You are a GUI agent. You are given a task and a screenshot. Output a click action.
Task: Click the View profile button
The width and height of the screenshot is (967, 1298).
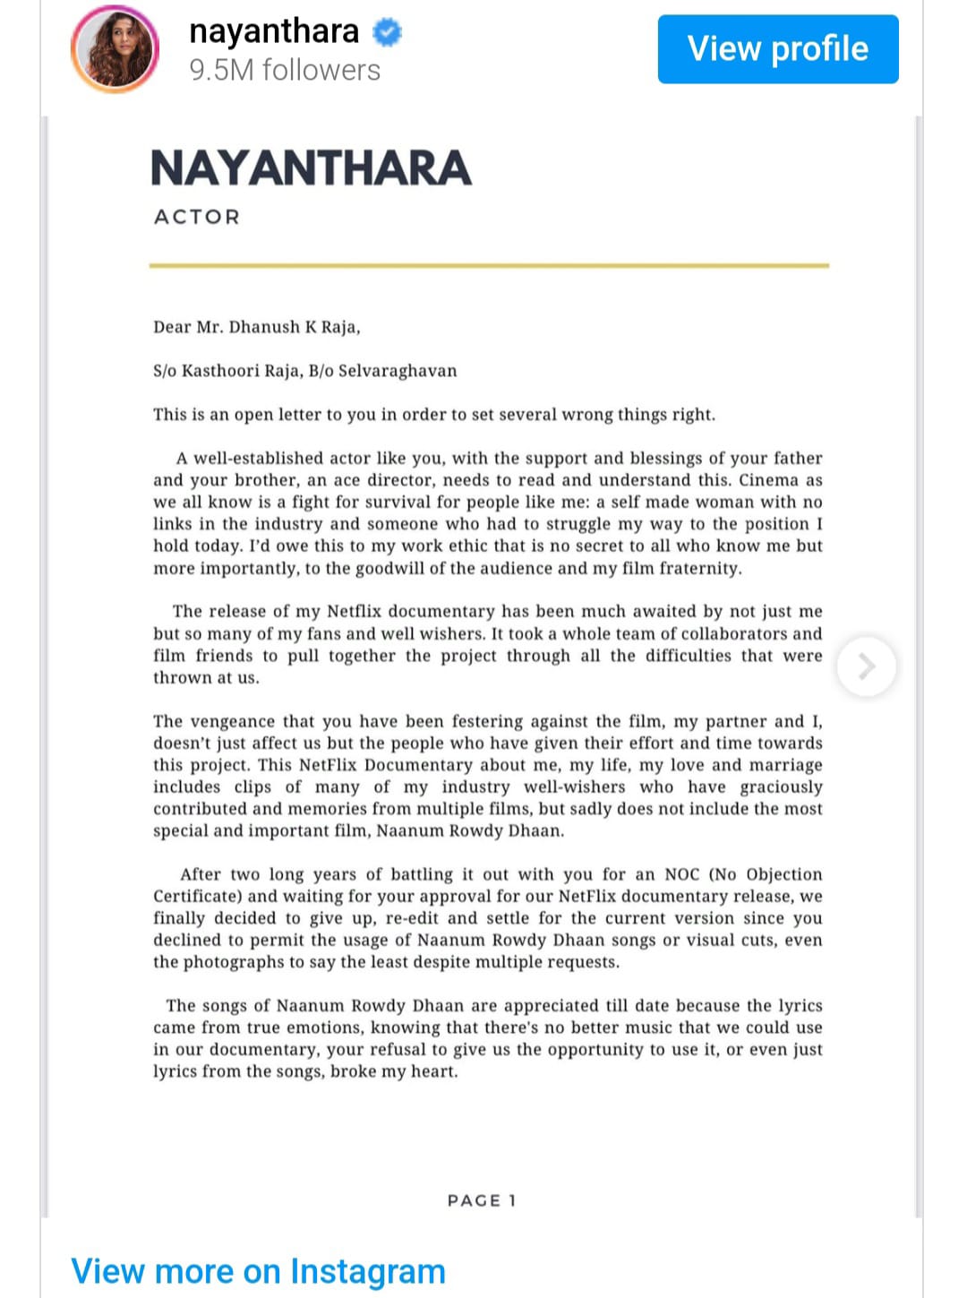[x=777, y=49]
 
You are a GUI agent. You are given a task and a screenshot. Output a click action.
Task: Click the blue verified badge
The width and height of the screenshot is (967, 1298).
[x=387, y=32]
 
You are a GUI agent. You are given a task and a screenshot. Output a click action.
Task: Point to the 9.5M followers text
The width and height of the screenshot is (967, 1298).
[x=285, y=70]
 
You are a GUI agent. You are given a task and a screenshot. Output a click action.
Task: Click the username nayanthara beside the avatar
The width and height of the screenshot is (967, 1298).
[x=274, y=31]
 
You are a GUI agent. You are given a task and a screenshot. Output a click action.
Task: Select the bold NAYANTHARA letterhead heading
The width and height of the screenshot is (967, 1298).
[x=311, y=168]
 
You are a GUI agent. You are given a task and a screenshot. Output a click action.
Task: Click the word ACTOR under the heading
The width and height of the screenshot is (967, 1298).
[x=197, y=217]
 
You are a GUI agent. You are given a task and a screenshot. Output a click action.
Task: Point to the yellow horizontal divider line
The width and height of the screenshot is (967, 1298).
[x=489, y=265]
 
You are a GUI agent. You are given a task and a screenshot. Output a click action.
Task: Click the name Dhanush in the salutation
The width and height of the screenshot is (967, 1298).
[x=264, y=327]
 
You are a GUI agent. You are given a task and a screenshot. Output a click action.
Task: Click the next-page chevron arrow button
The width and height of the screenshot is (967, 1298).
[x=866, y=666]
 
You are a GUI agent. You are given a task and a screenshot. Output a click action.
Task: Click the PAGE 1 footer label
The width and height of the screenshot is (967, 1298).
[x=482, y=1200]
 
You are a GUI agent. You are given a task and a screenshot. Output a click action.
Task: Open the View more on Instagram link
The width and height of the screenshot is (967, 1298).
[x=258, y=1271]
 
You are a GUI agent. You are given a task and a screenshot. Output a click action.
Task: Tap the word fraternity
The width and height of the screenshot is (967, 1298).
[x=698, y=568]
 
